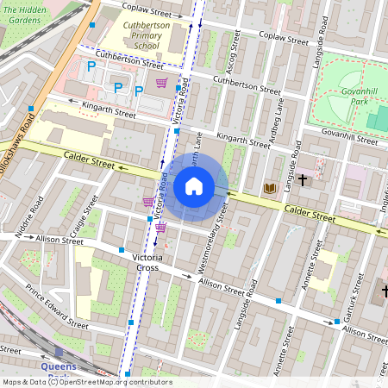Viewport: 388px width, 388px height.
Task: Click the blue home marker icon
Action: click(194, 185)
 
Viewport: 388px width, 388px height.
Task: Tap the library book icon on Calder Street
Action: click(270, 188)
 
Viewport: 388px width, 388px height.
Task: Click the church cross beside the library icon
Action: click(302, 180)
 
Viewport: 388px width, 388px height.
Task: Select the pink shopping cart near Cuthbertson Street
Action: click(161, 83)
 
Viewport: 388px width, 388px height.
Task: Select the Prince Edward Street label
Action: click(56, 308)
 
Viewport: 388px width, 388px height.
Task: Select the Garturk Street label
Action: click(354, 298)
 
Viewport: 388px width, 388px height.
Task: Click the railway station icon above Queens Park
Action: click(59, 352)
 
